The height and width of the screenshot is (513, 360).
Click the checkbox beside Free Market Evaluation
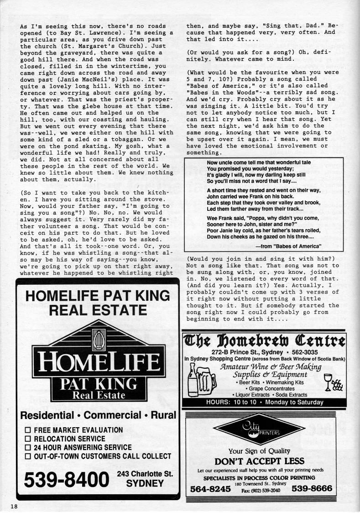[x=27, y=430]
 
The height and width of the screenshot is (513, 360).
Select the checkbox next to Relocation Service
[x=27, y=439]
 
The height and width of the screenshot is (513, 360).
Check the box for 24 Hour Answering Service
[x=27, y=447]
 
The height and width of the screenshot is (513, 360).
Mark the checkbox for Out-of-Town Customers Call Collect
[x=27, y=456]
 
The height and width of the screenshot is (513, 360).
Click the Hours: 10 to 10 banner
[x=264, y=402]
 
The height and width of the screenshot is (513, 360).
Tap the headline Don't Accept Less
[x=260, y=461]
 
